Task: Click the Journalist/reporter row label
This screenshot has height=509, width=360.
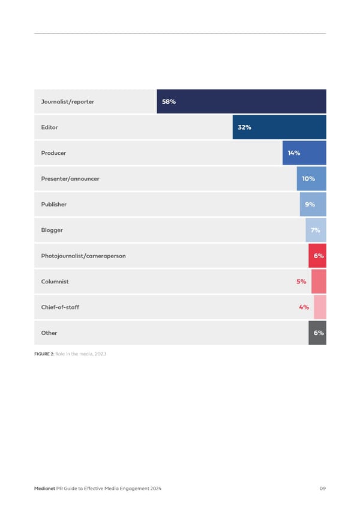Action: [67, 101]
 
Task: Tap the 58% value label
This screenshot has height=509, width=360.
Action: [169, 101]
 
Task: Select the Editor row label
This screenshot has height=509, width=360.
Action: [50, 127]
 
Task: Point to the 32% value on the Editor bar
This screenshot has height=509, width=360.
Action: [244, 127]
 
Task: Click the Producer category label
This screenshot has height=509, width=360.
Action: [53, 153]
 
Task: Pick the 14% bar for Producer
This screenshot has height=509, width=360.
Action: [304, 153]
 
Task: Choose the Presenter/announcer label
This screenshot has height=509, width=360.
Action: [70, 179]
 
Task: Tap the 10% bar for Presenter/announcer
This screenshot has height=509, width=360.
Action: [311, 179]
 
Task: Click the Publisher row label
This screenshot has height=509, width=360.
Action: [54, 204]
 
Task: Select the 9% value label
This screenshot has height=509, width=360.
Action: [310, 205]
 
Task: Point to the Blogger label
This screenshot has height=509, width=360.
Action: [52, 230]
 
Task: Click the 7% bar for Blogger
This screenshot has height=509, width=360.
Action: [316, 230]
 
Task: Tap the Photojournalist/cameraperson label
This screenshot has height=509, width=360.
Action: [83, 256]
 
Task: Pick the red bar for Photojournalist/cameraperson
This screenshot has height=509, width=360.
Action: [317, 256]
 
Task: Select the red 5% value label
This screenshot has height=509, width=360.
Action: [301, 282]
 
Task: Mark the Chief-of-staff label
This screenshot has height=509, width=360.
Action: [60, 307]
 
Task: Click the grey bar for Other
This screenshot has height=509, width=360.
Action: [317, 333]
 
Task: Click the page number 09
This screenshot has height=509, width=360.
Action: [322, 490]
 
